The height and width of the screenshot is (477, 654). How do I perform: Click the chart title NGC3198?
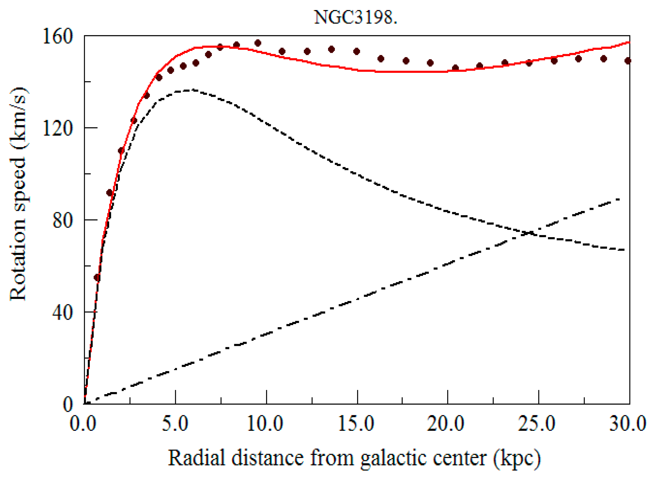355,17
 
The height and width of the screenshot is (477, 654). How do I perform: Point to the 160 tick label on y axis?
57,37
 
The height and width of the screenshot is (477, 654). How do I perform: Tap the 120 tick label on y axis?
57,128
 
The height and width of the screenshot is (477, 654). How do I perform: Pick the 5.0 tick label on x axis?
175,424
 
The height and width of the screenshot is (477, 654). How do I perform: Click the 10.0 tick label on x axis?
265,424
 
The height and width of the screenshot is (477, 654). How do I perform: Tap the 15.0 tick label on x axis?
356,424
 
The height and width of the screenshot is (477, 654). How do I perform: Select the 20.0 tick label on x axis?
446,424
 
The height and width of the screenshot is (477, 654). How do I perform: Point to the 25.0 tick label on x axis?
537,424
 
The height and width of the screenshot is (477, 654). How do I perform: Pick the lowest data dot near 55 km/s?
97,278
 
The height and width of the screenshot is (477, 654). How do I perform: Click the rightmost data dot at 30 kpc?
627,61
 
